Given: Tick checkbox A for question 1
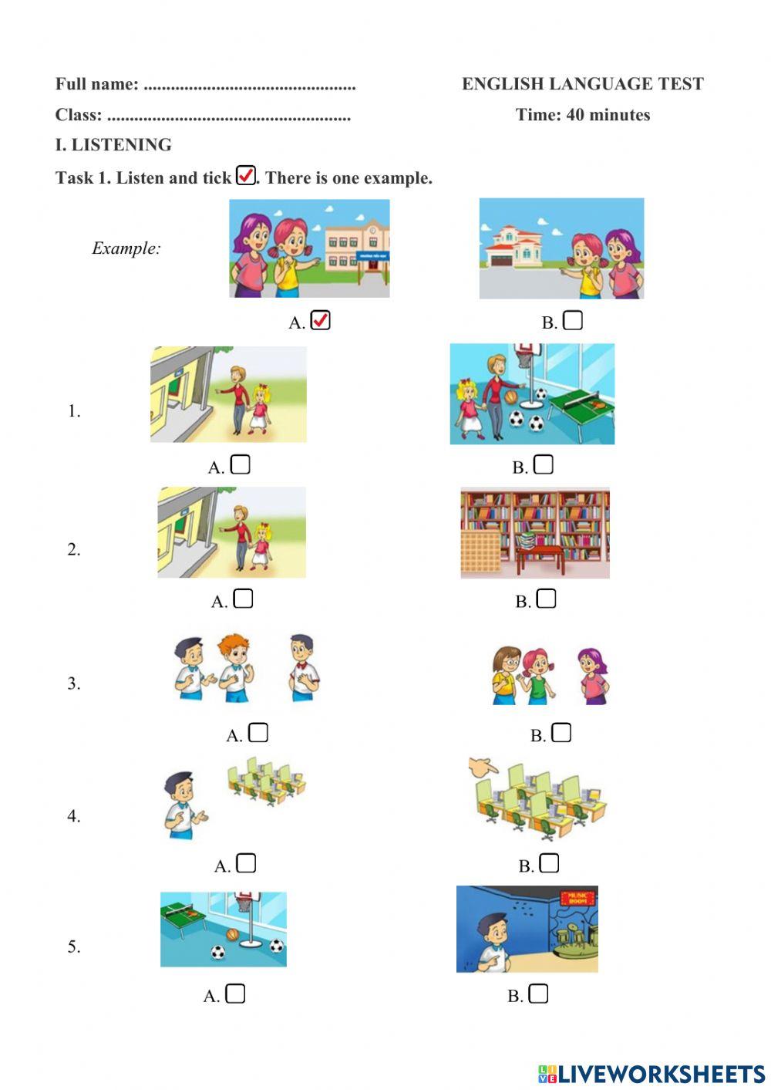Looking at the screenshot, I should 241,464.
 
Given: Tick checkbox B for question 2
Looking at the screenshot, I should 546,599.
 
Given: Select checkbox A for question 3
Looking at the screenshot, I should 258,733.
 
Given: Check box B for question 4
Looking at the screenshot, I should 549,863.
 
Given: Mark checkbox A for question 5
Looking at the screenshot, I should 235,994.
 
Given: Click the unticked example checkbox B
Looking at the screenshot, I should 573,320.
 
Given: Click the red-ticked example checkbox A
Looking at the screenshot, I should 320,320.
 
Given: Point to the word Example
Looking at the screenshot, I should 126,248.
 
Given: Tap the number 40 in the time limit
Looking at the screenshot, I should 575,115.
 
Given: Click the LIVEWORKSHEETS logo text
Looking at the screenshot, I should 661,1074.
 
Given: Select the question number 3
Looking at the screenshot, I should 73,683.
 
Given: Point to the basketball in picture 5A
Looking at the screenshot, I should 232,935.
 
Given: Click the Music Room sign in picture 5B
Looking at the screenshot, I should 577,897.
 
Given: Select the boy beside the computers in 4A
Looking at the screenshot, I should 182,806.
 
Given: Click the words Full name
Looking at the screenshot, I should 96,84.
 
